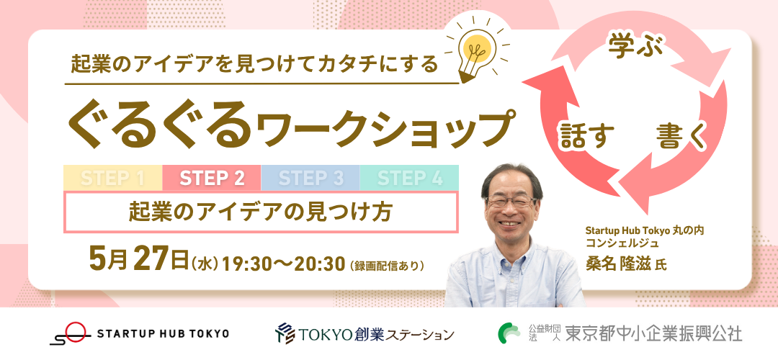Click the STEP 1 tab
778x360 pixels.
tap(112, 178)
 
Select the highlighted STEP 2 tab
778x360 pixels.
tap(212, 178)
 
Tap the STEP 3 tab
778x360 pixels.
tap(310, 178)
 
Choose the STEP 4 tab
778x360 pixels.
tap(409, 178)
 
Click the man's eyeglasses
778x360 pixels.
tap(511, 202)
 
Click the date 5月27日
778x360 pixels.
tap(138, 260)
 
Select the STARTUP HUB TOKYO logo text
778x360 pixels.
tap(164, 333)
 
